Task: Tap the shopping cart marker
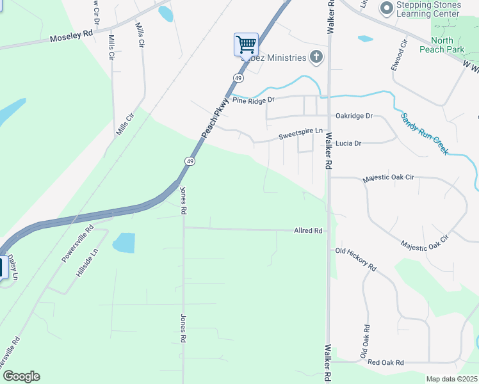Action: tap(246, 45)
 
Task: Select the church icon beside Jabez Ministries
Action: tap(316, 58)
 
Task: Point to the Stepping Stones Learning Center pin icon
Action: tap(386, 8)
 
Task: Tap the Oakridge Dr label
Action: tap(354, 116)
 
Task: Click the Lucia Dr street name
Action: tap(348, 143)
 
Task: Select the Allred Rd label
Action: tap(307, 230)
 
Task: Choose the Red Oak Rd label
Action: tap(386, 363)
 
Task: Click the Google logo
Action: tap(21, 376)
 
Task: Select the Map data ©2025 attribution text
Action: tap(451, 379)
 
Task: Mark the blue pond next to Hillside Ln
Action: tap(124, 243)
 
